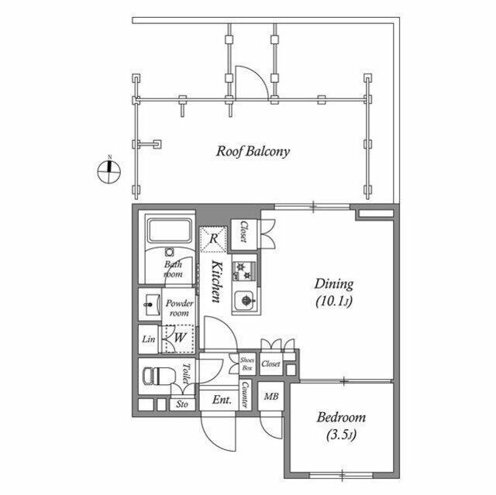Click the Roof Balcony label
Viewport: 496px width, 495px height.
pyautogui.click(x=253, y=151)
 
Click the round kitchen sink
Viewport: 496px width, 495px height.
pyautogui.click(x=246, y=297)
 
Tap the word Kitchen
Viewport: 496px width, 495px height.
pyautogui.click(x=218, y=284)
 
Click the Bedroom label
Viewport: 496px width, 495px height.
pyautogui.click(x=341, y=425)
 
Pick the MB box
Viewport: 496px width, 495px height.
pyautogui.click(x=271, y=397)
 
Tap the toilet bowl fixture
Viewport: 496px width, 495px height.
pyautogui.click(x=156, y=377)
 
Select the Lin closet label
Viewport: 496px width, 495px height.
pyautogui.click(x=148, y=339)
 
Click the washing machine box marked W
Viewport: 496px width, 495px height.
pyautogui.click(x=177, y=338)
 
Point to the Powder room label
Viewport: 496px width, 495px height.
pyautogui.click(x=179, y=308)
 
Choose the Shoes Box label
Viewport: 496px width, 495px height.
pyautogui.click(x=246, y=364)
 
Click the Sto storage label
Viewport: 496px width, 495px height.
pyautogui.click(x=183, y=404)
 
